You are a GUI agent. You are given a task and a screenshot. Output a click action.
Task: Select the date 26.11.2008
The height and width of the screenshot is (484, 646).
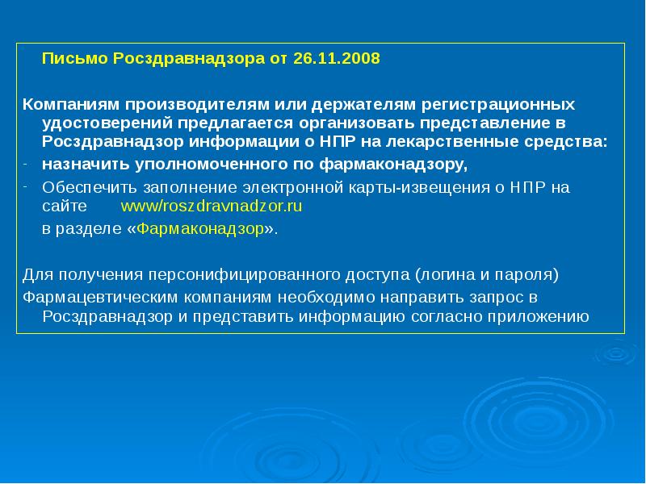coord(341,60)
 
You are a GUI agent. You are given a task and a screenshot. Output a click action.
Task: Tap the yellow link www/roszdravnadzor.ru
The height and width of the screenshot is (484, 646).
coord(211,206)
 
